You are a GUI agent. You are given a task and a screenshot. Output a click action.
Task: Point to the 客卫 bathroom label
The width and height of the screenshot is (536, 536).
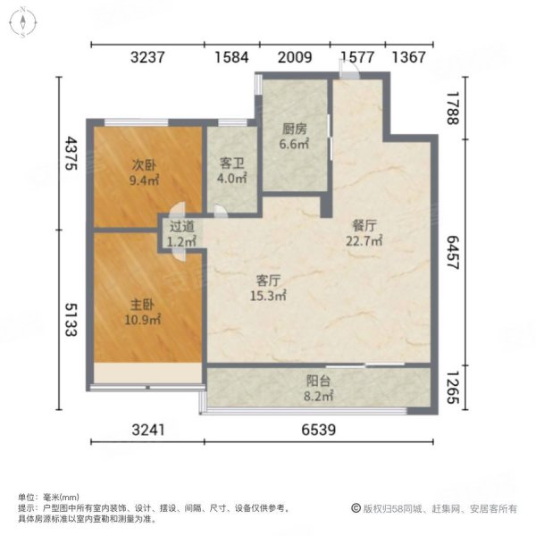(232, 163)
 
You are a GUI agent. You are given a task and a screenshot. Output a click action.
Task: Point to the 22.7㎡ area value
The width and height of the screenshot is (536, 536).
(365, 240)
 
